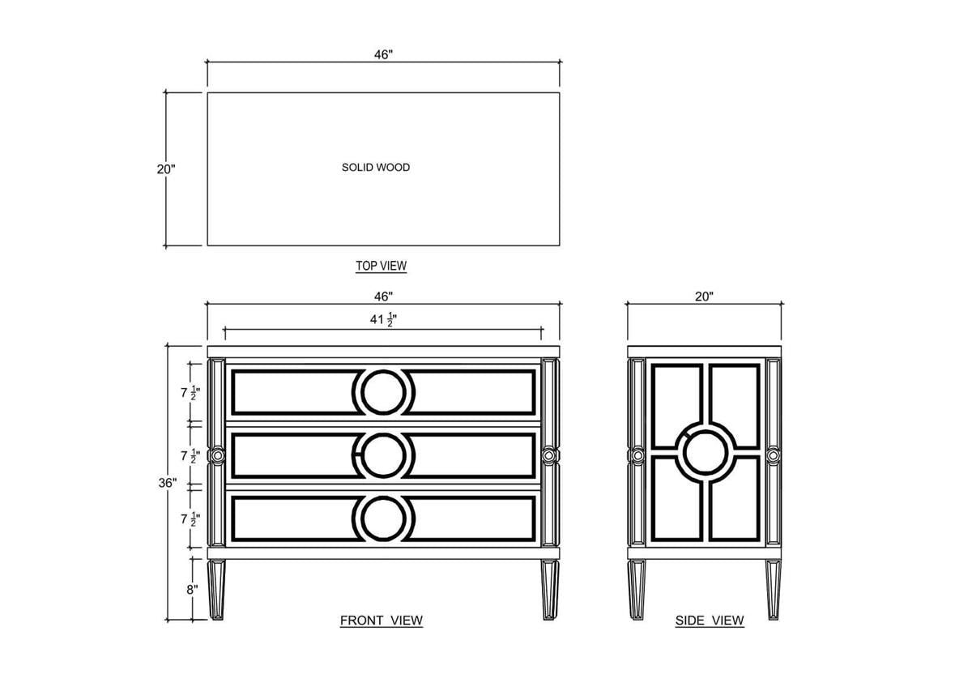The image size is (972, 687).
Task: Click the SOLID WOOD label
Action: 376,168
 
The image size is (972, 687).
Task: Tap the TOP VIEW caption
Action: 381,266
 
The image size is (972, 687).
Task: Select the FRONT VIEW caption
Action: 381,621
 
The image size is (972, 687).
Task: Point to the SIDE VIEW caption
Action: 710,621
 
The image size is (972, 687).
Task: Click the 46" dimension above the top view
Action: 384,54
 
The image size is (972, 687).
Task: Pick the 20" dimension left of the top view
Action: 166,169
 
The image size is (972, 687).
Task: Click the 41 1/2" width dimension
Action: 383,319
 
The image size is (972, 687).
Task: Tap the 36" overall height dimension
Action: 168,483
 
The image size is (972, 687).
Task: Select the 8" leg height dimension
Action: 192,590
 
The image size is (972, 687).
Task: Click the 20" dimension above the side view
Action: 704,297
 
